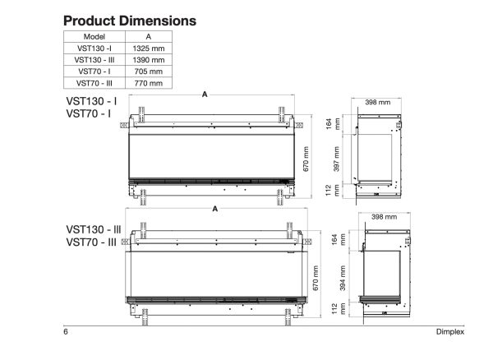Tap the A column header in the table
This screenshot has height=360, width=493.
tap(148, 37)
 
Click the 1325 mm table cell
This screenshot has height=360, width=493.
tap(148, 48)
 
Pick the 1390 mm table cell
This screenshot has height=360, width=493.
tap(148, 60)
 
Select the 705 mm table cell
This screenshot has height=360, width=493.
tap(148, 72)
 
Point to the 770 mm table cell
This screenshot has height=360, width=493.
tap(148, 83)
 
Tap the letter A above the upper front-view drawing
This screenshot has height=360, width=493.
tap(204, 95)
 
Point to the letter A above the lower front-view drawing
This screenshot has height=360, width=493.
tap(215, 210)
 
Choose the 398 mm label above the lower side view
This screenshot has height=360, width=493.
tap(384, 218)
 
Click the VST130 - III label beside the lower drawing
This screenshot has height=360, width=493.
tap(94, 229)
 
